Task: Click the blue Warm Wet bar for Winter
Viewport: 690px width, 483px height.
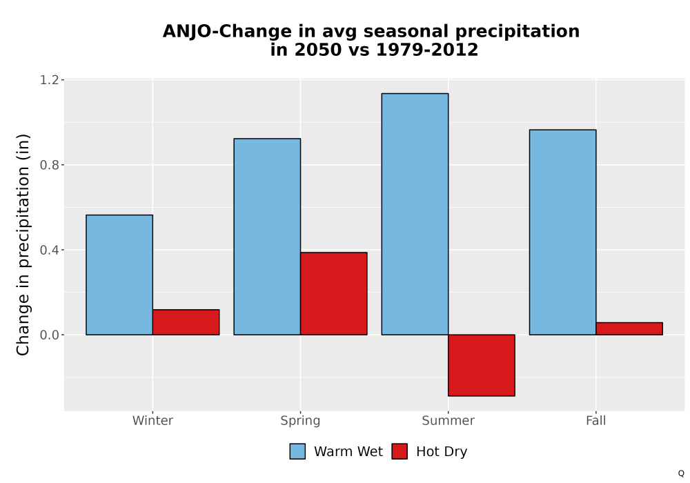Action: point(119,275)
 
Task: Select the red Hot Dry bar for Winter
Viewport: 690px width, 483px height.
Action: point(186,322)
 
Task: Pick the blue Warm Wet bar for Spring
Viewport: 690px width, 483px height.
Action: point(267,237)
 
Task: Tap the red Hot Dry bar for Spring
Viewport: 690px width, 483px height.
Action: point(333,293)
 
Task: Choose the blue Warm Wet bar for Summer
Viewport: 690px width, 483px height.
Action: point(415,214)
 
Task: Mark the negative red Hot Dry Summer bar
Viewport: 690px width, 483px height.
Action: point(482,365)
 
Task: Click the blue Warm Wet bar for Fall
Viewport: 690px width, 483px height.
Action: point(563,233)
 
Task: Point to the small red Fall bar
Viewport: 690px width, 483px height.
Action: point(629,328)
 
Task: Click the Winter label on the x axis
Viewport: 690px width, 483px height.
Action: point(152,420)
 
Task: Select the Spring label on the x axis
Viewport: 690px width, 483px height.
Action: point(301,421)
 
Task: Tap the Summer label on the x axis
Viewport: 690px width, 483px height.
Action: point(448,420)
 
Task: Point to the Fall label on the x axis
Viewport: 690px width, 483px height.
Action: point(596,420)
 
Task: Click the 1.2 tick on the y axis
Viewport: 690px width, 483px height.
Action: point(49,79)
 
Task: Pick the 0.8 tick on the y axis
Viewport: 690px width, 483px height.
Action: point(49,165)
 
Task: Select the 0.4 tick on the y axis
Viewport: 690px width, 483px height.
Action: point(49,250)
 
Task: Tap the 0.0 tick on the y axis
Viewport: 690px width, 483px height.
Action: point(49,335)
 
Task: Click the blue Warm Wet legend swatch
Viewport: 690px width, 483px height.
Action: point(297,451)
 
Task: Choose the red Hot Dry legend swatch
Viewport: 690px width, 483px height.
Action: point(400,451)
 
